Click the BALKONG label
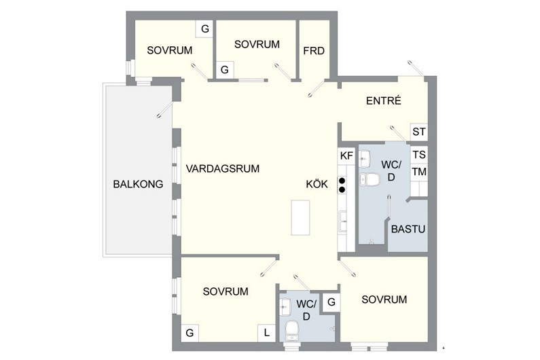(x=138, y=184)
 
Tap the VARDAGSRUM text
(x=223, y=169)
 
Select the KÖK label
(x=317, y=184)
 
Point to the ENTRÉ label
(x=384, y=101)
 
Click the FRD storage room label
(x=314, y=51)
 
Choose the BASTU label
(x=408, y=229)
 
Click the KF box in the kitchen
(x=346, y=156)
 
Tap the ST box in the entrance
(x=419, y=132)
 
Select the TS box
(x=419, y=155)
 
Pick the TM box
(x=419, y=172)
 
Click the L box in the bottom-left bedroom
(x=266, y=333)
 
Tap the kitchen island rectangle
(x=300, y=218)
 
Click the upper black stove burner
(x=342, y=181)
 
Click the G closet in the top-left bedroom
(x=205, y=29)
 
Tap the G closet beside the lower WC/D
(x=331, y=302)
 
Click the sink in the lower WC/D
(x=285, y=306)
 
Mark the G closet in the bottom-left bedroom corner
(x=190, y=333)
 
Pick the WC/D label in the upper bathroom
(x=391, y=171)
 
